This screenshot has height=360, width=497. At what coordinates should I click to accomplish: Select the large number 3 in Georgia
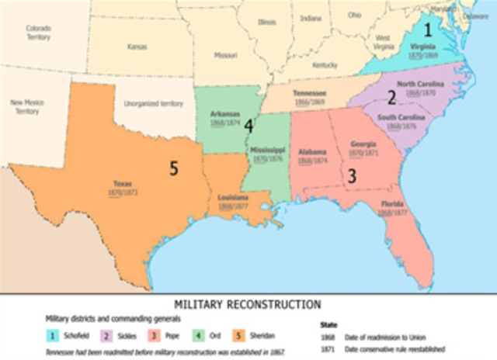pos(351,176)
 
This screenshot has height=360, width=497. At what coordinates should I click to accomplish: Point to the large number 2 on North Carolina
pos(392,97)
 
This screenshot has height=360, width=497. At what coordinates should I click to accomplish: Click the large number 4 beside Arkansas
pos(248,124)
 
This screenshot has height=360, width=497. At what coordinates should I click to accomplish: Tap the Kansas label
pos(137,47)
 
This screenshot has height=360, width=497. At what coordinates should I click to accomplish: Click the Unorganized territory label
pos(155,103)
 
